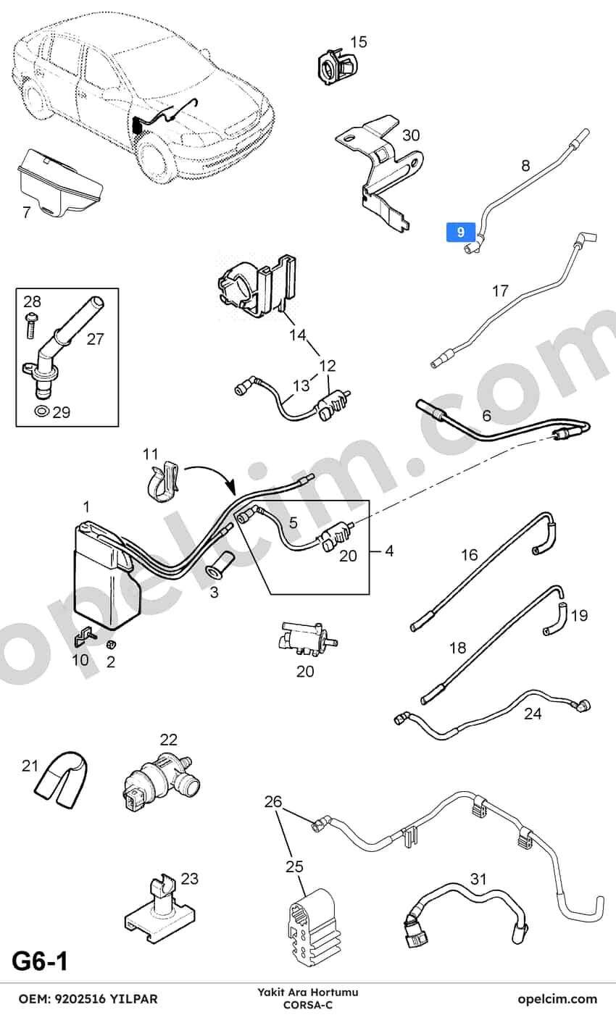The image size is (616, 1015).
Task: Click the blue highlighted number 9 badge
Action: coord(460,232)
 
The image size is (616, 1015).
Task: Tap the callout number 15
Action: coord(359,42)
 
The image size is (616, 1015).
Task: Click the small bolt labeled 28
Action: coord(31,325)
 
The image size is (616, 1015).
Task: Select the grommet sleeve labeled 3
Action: coord(218,565)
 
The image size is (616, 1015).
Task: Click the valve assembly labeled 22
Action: coord(160,783)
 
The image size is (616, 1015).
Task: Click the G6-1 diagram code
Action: coord(40,961)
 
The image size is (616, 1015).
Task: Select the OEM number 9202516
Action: coord(80,998)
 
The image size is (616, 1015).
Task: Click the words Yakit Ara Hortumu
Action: coord(308,993)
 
